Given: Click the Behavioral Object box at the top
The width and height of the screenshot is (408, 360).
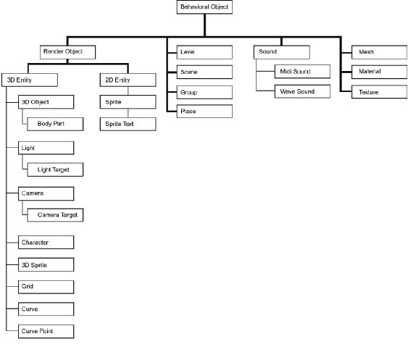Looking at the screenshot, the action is [x=204, y=7].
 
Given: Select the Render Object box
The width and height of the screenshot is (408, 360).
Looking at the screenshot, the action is [x=67, y=52].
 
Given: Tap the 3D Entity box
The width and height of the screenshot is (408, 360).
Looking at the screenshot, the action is [x=30, y=80].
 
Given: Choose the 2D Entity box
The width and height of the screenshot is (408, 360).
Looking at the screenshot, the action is [x=128, y=80].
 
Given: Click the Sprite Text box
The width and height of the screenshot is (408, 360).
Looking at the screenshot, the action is [x=128, y=124].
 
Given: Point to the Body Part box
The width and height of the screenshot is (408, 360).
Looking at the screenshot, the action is [x=55, y=124].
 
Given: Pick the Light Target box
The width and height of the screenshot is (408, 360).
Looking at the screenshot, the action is [x=55, y=169].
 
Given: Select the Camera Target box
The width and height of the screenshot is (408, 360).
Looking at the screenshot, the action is [x=55, y=215].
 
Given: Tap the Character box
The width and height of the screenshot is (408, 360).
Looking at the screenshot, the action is [x=46, y=242].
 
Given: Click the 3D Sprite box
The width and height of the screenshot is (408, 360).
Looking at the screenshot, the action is [x=46, y=264].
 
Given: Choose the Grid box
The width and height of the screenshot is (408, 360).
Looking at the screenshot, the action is [x=46, y=287].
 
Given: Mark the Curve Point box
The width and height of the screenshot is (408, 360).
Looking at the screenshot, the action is [x=46, y=331].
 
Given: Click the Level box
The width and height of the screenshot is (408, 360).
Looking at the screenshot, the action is [x=204, y=52].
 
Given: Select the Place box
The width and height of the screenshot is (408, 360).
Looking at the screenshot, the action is [x=204, y=112].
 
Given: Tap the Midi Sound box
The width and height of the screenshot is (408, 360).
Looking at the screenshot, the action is [x=302, y=72].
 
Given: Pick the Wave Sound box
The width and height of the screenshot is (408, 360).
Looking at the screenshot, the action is [x=302, y=91].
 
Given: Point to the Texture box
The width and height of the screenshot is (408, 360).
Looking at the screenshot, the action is [x=380, y=92].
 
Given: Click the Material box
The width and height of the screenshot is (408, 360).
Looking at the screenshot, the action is [x=380, y=72].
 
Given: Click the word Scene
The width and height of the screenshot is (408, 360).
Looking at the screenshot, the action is [x=189, y=72].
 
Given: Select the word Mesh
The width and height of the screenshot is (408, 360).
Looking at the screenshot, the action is [x=366, y=51].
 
